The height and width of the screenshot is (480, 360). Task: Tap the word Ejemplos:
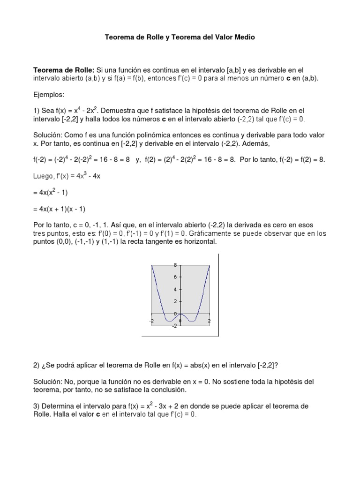click(x=49, y=94)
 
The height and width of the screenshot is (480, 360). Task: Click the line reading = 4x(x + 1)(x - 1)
click(x=59, y=209)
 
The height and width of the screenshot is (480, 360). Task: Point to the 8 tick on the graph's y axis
click(x=174, y=265)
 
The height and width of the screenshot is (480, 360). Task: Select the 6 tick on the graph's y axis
click(x=174, y=277)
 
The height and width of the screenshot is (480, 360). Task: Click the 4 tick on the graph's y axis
click(x=174, y=289)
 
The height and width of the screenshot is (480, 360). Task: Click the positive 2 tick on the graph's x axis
click(x=209, y=321)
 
